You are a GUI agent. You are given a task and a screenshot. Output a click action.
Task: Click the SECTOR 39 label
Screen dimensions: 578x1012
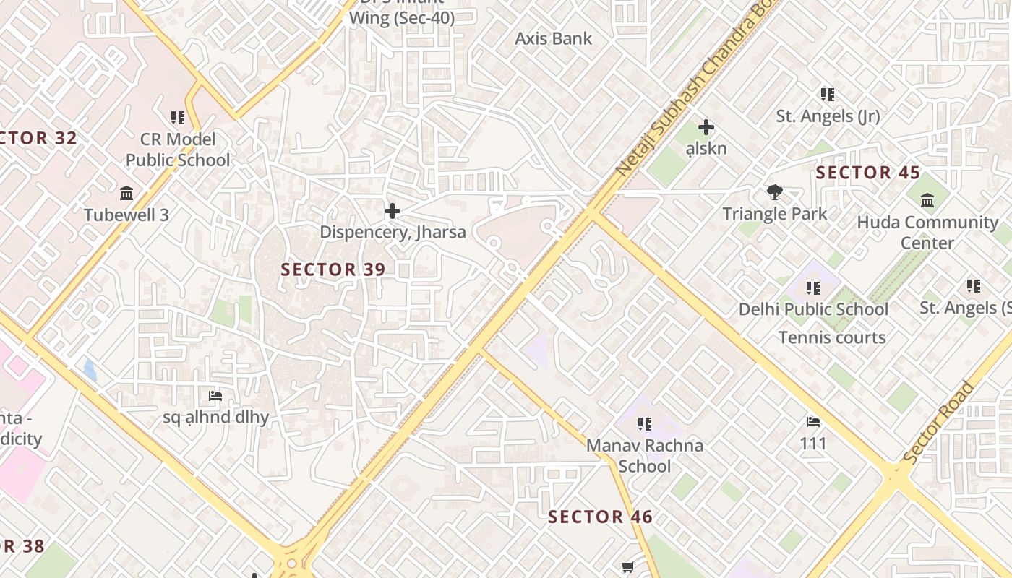coord(333,269)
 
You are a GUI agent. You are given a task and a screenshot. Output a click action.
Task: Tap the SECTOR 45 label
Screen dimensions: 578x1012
coord(867,173)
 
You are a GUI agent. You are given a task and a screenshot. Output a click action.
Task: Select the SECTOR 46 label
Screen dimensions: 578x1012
coord(600,517)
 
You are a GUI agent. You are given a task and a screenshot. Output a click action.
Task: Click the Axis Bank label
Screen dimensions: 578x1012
coord(553,39)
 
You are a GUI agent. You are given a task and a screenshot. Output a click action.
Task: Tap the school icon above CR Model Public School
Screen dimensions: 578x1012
coord(178,117)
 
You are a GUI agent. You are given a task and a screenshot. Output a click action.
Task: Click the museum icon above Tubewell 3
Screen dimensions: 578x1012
coord(127,193)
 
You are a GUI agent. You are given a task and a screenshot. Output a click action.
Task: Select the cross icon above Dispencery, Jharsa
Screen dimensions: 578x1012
coord(393,211)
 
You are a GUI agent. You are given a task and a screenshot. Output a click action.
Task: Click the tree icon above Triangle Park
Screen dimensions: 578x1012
coord(775,192)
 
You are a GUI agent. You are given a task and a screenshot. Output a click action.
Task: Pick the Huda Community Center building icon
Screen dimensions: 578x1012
coord(928,200)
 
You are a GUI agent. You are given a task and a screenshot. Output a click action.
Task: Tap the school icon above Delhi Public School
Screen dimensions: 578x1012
coord(813,288)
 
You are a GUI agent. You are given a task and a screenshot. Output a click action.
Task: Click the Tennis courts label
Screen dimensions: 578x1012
coord(832,337)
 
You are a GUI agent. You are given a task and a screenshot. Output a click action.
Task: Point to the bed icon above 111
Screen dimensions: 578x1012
coord(813,421)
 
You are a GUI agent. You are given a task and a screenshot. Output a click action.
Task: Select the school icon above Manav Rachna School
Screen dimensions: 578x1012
coord(645,423)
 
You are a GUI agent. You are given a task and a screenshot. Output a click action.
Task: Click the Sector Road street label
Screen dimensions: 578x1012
coord(938,423)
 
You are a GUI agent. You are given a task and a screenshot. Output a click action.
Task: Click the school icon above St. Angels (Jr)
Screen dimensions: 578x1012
coord(828,94)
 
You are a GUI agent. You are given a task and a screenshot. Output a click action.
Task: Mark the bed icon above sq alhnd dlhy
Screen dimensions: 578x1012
coord(215,395)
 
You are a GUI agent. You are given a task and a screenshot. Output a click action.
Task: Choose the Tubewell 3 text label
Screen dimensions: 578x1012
coord(126,215)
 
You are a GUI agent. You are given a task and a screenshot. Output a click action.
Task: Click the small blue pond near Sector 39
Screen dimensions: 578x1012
coord(90,370)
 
